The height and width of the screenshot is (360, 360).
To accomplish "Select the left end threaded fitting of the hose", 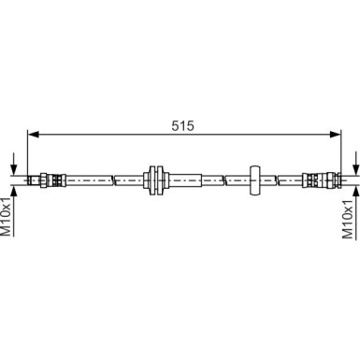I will click(x=45, y=177).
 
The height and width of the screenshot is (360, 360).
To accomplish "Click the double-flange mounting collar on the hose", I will click(x=154, y=177).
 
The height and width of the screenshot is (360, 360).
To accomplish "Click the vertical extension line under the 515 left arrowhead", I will click(x=28, y=154).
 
